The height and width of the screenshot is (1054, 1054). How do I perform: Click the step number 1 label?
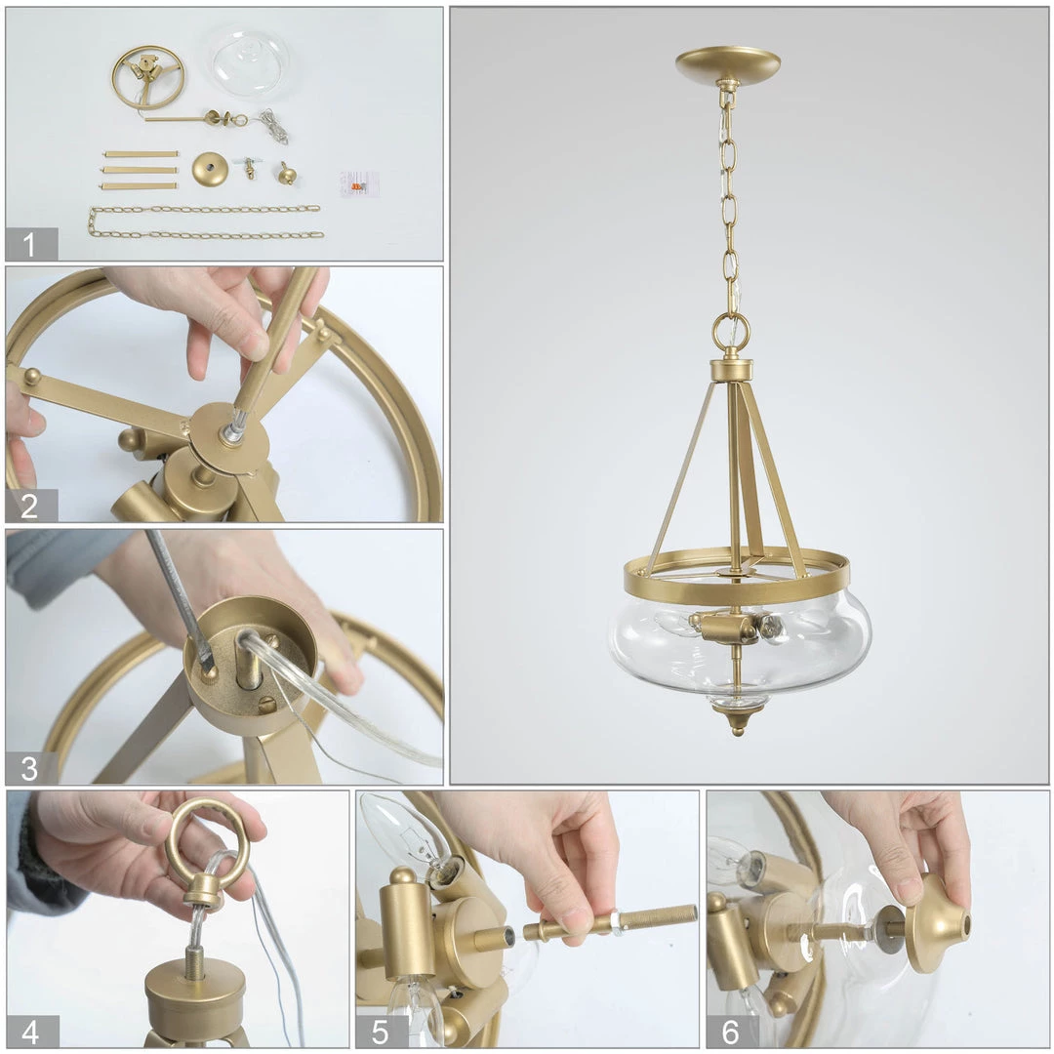(x=28, y=245)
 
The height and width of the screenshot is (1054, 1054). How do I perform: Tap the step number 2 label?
(x=29, y=506)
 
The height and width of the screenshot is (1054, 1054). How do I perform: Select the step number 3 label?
(x=29, y=768)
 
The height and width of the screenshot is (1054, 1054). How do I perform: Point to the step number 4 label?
(x=30, y=1033)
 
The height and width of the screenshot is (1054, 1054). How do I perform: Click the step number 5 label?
(x=380, y=1033)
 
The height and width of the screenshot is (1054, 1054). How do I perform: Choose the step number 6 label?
(x=731, y=1033)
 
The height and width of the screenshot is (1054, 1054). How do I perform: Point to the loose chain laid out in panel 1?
(x=205, y=222)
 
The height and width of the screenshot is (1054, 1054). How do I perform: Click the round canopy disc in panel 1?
(x=210, y=170)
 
